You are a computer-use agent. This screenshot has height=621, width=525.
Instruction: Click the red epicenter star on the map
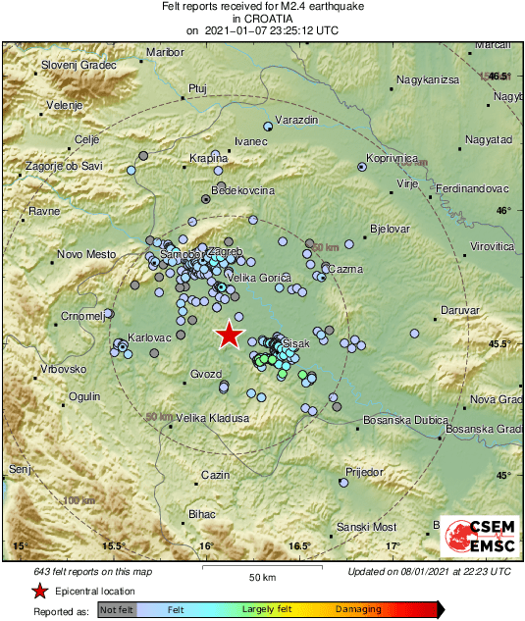[229, 335]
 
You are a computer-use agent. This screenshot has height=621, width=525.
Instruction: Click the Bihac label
[201, 514]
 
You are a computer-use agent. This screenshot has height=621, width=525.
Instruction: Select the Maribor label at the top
[164, 52]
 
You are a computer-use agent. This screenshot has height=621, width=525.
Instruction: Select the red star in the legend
[39, 591]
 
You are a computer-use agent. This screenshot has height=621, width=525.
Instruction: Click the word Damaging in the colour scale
[358, 609]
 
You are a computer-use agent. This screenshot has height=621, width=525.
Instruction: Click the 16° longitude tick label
[206, 545]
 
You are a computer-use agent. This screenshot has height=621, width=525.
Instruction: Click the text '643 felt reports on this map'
[93, 571]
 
